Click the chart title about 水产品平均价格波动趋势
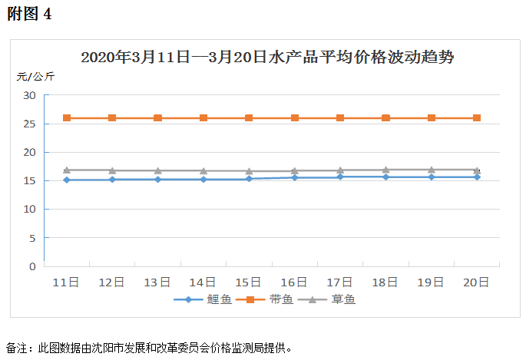(x=263, y=58)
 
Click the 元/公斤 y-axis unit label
(x=35, y=77)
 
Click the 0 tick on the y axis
(x=32, y=266)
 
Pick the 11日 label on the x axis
(x=66, y=282)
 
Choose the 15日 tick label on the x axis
(x=249, y=282)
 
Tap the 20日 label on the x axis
(x=477, y=282)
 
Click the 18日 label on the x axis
(x=385, y=282)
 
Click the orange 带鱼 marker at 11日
(x=67, y=117)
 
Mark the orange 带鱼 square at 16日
(x=295, y=117)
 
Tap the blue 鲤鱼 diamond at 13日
(x=157, y=180)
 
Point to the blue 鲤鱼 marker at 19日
(x=432, y=177)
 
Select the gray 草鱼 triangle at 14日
(x=203, y=171)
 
